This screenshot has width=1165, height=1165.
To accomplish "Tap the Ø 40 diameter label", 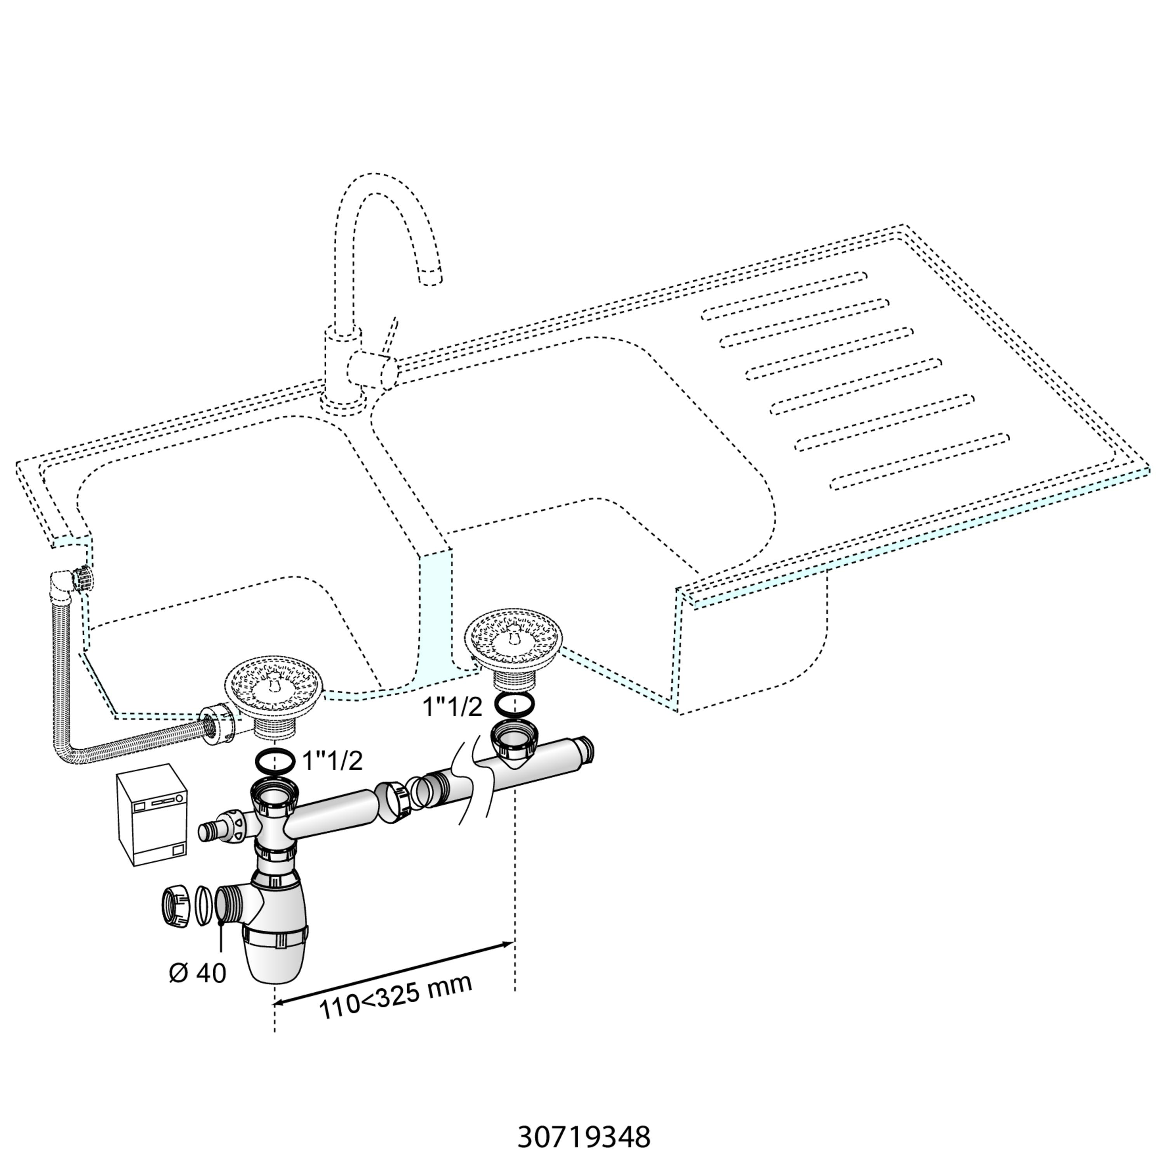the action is click(x=198, y=973).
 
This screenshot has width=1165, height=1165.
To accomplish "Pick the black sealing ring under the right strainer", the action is click(x=514, y=702).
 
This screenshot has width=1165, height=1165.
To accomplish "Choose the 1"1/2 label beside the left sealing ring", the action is click(x=332, y=761).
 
